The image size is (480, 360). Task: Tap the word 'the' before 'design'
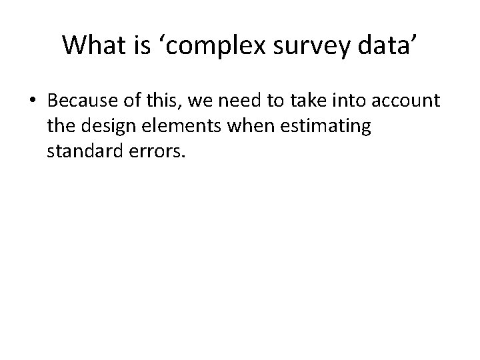tap(60, 126)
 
